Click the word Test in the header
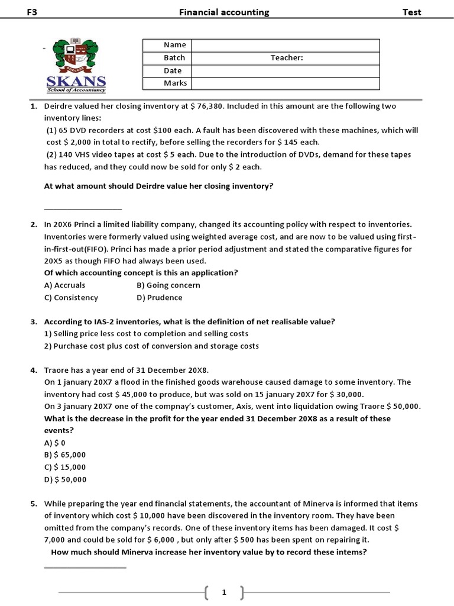click(411, 12)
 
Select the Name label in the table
click(175, 45)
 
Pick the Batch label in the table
click(174, 58)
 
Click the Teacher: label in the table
click(287, 58)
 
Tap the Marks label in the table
click(175, 83)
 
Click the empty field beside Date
click(285, 70)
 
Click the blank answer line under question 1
click(83, 208)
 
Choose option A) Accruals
click(64, 285)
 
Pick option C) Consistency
click(71, 298)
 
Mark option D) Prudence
click(160, 298)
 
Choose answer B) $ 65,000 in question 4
click(65, 454)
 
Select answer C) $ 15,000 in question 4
click(65, 467)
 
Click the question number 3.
click(34, 322)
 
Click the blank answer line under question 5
click(85, 568)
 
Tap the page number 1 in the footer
click(224, 592)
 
